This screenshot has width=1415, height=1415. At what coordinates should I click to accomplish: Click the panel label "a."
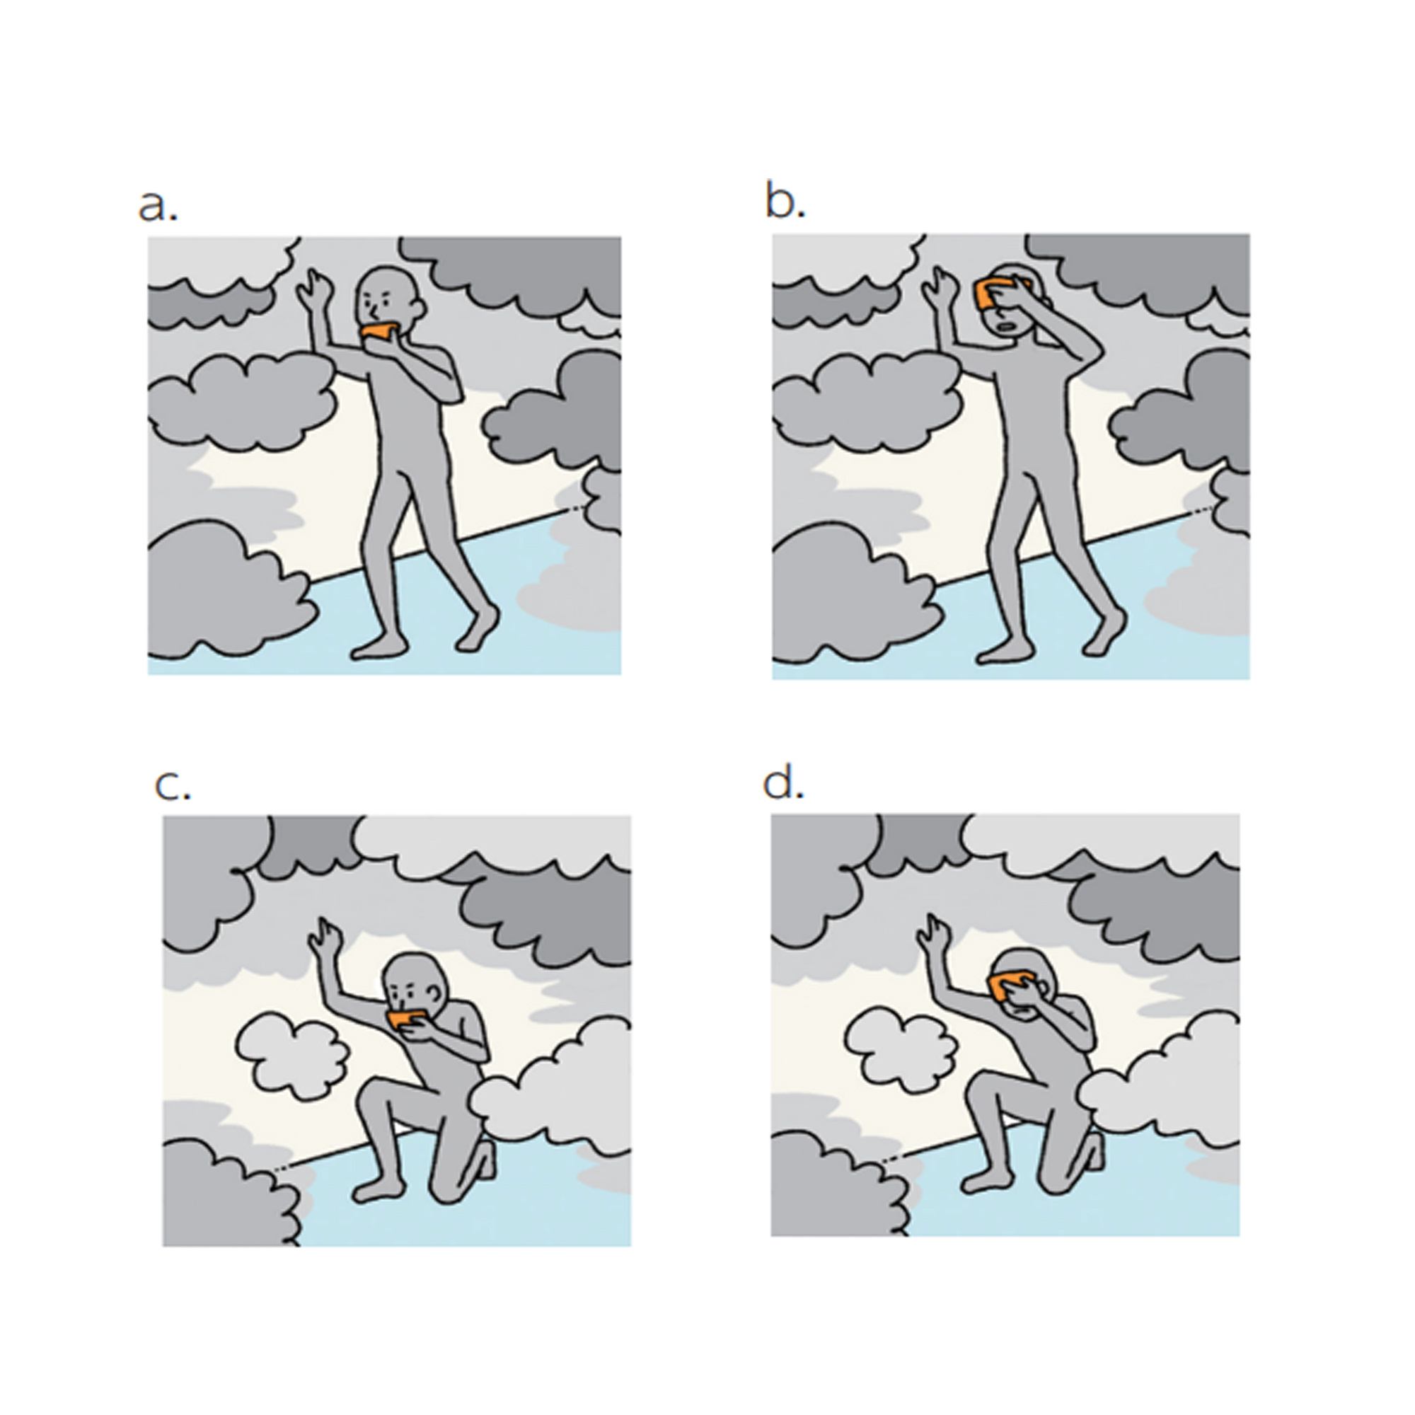coord(158,207)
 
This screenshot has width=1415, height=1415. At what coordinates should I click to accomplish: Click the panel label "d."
coord(783,785)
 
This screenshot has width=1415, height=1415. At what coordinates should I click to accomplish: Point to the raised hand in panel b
coord(937,284)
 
